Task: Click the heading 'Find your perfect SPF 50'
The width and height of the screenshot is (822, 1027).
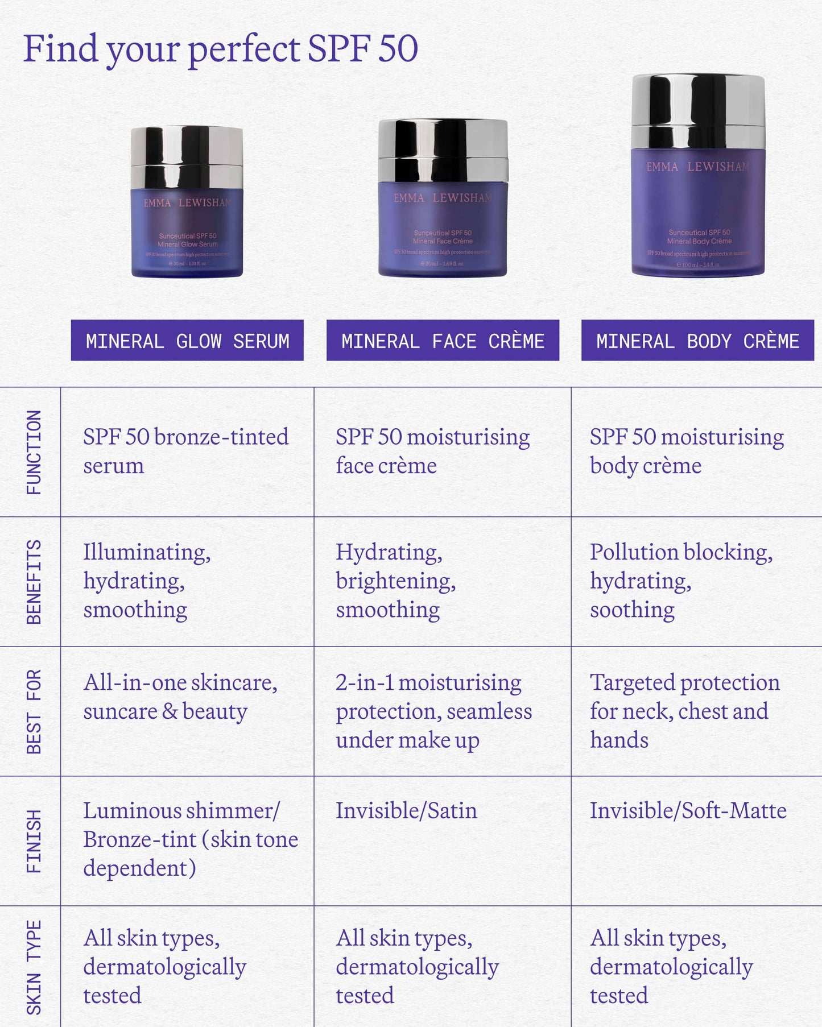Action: [x=221, y=49]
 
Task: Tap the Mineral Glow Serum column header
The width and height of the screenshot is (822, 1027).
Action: [x=187, y=341]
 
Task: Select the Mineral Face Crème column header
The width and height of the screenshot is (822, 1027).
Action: [x=443, y=341]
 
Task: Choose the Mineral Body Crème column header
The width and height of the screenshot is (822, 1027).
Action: [x=697, y=341]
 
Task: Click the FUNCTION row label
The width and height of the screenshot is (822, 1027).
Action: [x=34, y=452]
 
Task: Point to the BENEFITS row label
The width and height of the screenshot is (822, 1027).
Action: [x=34, y=582]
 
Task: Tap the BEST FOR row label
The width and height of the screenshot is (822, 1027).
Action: [x=34, y=711]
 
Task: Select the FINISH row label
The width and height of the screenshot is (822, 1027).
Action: [x=34, y=841]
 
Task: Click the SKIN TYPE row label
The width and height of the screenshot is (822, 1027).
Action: [x=34, y=967]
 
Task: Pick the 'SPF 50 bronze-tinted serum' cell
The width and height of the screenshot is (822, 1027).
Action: [x=185, y=451]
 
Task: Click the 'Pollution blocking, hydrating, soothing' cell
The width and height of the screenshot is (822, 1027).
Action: [x=681, y=581]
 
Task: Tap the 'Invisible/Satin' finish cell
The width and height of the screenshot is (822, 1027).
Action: [x=406, y=811]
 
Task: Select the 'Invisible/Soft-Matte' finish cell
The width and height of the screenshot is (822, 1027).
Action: [x=688, y=811]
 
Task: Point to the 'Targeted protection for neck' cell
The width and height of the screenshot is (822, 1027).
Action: [x=684, y=711]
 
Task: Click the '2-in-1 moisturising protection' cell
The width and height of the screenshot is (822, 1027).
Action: [x=433, y=711]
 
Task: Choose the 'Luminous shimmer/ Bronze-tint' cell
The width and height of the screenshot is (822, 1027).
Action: [x=190, y=839]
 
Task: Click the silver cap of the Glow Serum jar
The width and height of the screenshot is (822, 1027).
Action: [x=187, y=155]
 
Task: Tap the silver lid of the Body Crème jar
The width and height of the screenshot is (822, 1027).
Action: [x=698, y=111]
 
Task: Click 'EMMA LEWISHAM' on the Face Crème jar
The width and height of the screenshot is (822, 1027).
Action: [x=443, y=198]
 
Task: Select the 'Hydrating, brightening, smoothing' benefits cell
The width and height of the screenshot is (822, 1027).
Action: [x=395, y=581]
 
